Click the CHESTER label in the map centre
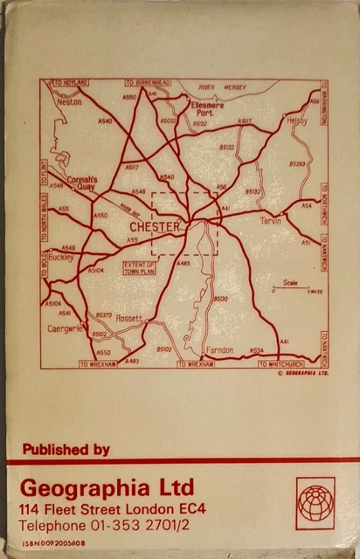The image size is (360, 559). click(x=156, y=227)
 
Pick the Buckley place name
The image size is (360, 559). click(x=61, y=258)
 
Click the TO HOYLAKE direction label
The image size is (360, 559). click(x=71, y=82)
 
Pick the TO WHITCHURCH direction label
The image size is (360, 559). click(x=287, y=363)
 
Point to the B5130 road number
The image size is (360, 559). click(x=221, y=299)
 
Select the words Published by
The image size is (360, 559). click(x=66, y=450)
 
